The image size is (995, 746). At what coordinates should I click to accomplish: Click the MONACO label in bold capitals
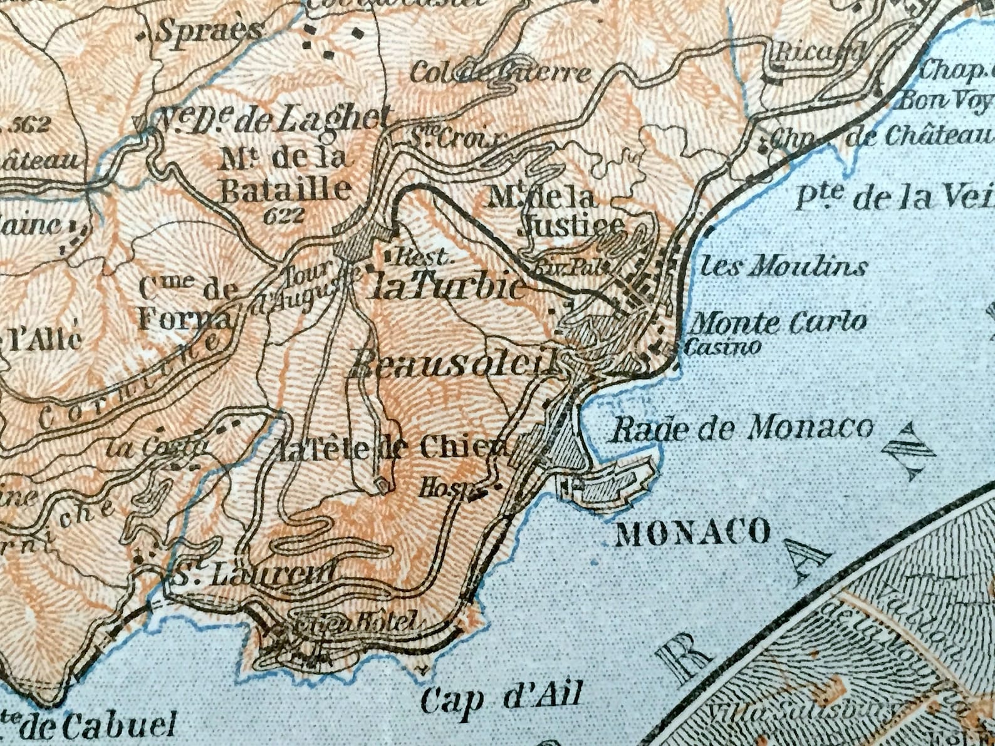click(693, 532)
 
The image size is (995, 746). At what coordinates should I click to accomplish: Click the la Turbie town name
click(449, 287)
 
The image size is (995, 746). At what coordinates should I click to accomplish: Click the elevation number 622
click(283, 216)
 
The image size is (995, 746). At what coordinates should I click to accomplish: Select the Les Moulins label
click(783, 267)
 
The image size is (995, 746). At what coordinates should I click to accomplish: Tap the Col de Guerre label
click(500, 73)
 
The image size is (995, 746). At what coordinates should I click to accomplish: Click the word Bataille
click(286, 190)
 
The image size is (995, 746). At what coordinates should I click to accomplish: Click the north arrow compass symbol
click(908, 451)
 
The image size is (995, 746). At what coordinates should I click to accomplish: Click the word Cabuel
click(98, 727)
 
